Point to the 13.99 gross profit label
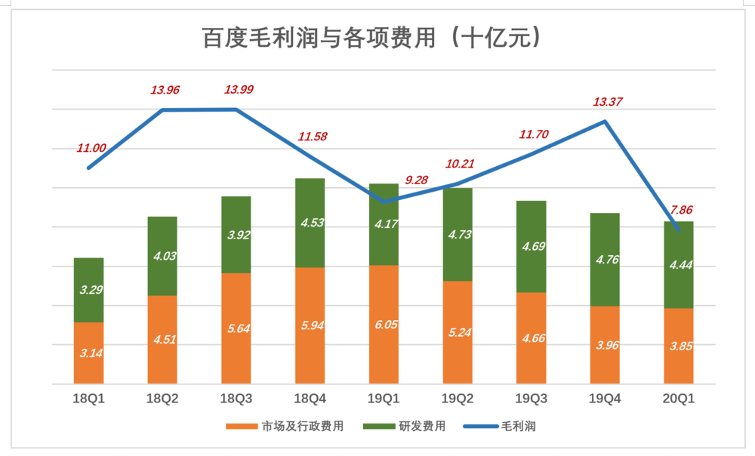pyautogui.click(x=239, y=90)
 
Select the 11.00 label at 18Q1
pyautogui.click(x=91, y=148)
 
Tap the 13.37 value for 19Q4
pyautogui.click(x=606, y=102)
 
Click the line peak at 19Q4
pyautogui.click(x=605, y=121)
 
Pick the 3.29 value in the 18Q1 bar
pyautogui.click(x=89, y=289)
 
